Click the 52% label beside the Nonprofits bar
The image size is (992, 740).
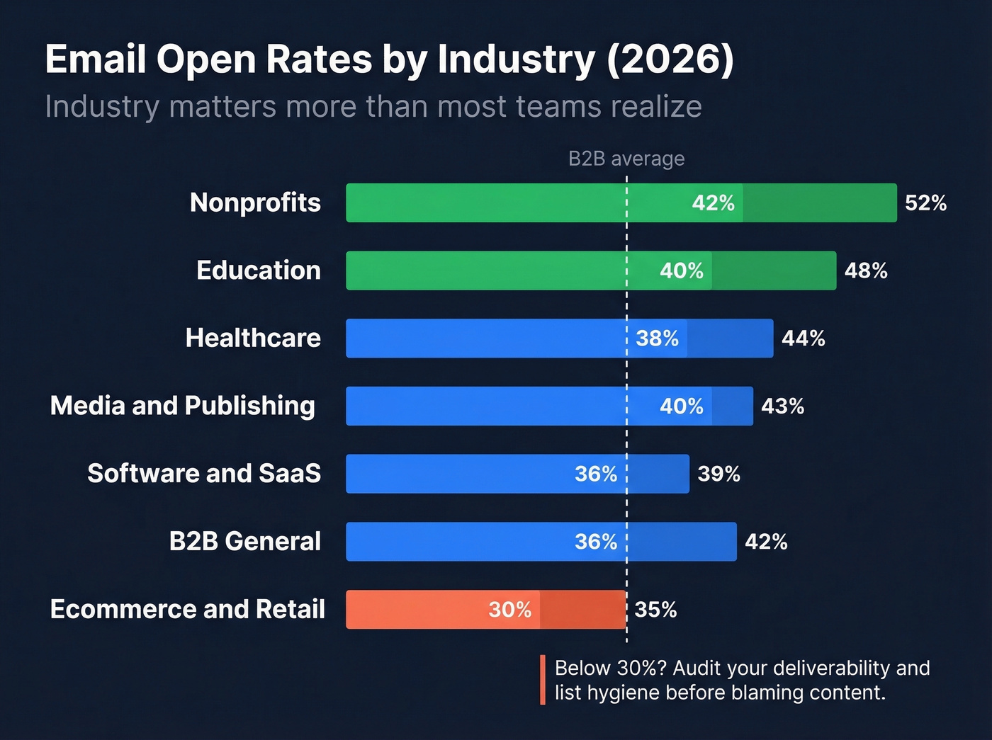(x=925, y=203)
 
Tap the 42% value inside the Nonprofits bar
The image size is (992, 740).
(x=713, y=203)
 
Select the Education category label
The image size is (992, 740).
(x=258, y=271)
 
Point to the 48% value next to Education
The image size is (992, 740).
(x=866, y=271)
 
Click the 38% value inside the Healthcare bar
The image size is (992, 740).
(x=657, y=338)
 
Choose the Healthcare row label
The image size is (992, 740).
(x=253, y=338)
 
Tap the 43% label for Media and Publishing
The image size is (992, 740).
(x=782, y=406)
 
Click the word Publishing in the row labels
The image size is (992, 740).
(x=249, y=406)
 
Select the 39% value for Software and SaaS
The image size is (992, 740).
(x=718, y=474)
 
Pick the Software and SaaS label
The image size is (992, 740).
(x=204, y=474)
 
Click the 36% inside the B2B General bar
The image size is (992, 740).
(x=595, y=542)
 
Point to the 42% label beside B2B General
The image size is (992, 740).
(x=766, y=542)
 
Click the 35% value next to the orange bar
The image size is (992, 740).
(x=655, y=610)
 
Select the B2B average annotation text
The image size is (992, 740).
(x=626, y=159)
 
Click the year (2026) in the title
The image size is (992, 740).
(x=670, y=59)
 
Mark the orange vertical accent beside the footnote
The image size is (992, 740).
(x=543, y=680)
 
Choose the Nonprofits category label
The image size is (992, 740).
(x=255, y=203)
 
